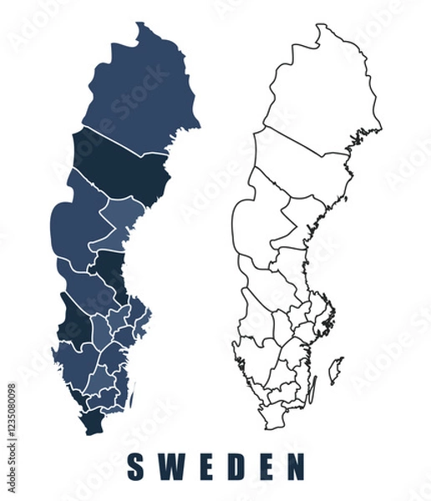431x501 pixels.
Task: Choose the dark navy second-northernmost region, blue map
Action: (x=125, y=167)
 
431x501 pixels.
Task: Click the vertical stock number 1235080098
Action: (x=11, y=426)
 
